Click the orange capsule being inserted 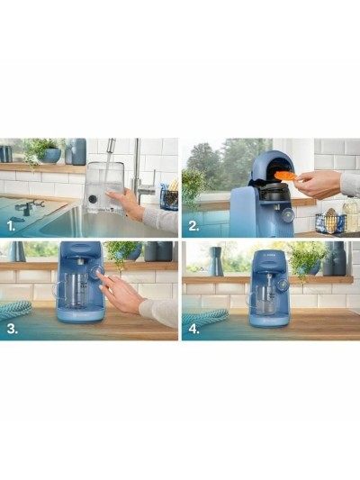click(284, 175)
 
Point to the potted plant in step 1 click(40, 150)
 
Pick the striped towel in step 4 click(204, 316)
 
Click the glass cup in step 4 click(266, 296)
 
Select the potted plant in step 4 click(306, 258)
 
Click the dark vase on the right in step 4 click(336, 260)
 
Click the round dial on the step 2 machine click(285, 215)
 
